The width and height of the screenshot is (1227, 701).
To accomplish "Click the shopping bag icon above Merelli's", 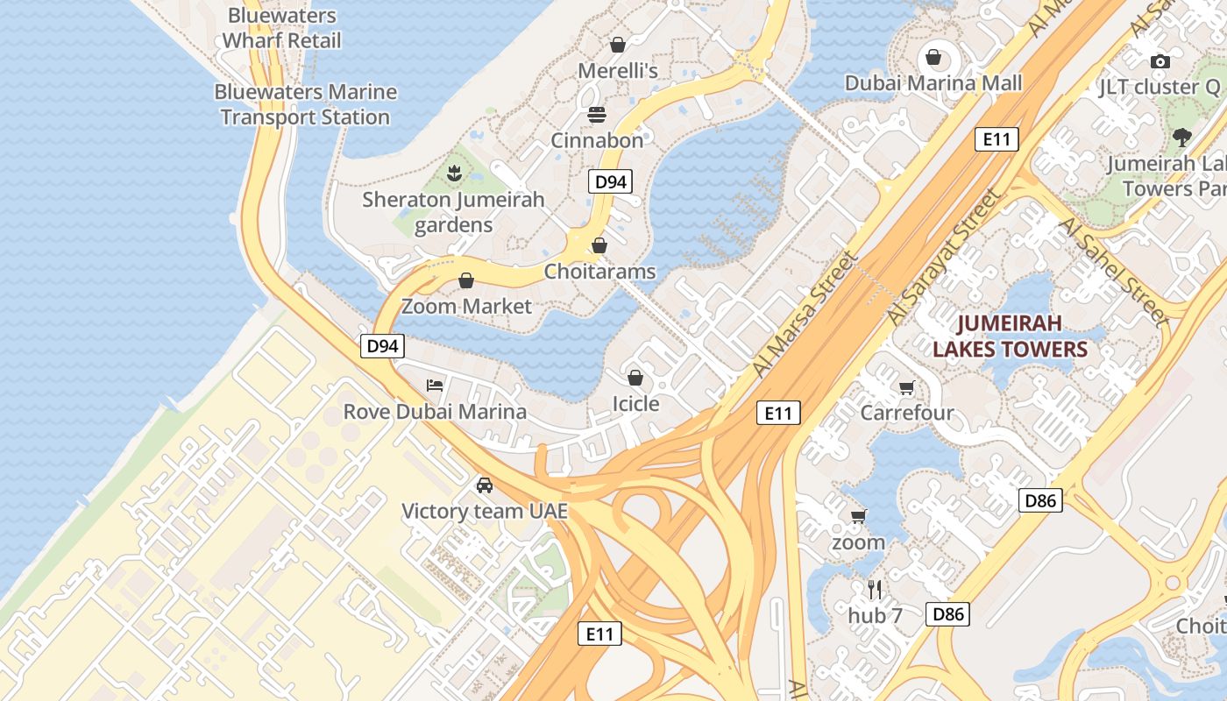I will coord(618,44).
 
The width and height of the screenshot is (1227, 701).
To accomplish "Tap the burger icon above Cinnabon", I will coord(597,114).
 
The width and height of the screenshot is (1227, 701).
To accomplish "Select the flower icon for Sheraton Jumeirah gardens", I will coord(454,173).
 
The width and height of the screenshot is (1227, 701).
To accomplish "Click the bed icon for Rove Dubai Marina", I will coord(435,386).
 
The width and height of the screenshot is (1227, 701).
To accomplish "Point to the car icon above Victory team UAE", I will coord(484,485).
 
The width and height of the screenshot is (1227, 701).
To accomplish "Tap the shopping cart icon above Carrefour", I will coord(907,387).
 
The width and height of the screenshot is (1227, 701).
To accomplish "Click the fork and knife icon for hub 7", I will coord(874,589).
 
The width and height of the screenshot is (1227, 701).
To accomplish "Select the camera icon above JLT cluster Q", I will coord(1160,61).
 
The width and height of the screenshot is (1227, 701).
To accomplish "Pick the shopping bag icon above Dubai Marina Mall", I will coord(933,58).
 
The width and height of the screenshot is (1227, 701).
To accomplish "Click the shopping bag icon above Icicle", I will coord(635,378).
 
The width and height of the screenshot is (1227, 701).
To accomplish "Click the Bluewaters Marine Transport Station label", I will coord(305,104).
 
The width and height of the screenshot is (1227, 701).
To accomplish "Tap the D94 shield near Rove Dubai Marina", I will coord(382,346).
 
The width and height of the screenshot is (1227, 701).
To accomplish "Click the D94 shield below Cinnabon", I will coord(610,182).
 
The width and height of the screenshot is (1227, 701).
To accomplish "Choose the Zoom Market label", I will coord(466,306).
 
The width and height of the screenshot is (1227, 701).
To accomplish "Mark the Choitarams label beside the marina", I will coord(599,272).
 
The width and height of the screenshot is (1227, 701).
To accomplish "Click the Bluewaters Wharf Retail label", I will coord(281,28).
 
